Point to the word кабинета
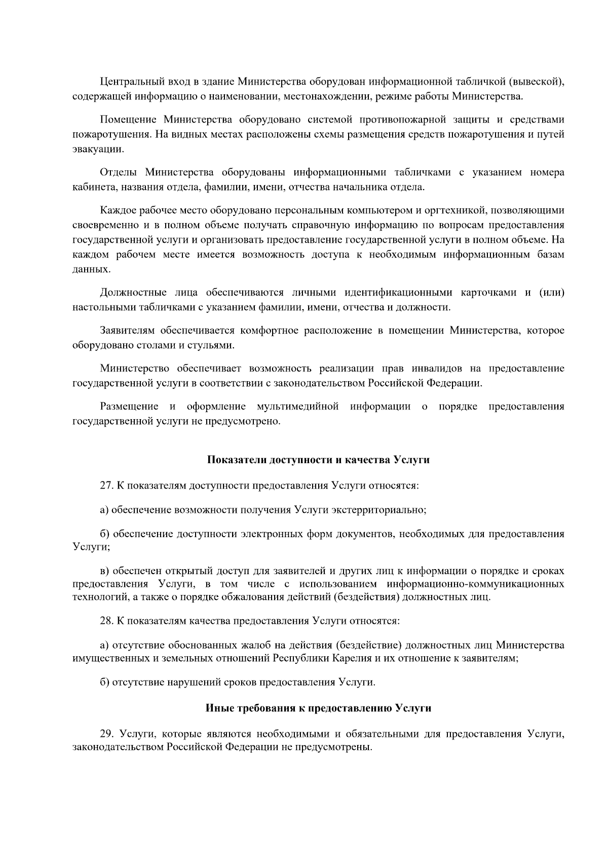(93, 188)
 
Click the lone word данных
(91, 269)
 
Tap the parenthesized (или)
(551, 292)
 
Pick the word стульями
(215, 346)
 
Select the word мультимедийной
(297, 406)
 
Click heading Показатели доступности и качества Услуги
(318, 460)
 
